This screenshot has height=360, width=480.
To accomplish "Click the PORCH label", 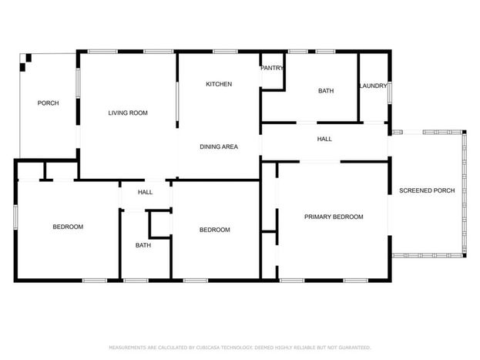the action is click(x=48, y=103).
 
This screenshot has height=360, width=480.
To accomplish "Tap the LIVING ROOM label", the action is click(x=128, y=113).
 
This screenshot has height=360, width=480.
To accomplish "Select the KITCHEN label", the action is click(x=219, y=84).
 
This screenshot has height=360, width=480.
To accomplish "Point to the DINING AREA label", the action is click(x=219, y=146).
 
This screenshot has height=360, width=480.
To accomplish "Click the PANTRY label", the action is click(x=272, y=68).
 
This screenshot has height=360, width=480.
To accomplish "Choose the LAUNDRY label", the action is click(x=373, y=86).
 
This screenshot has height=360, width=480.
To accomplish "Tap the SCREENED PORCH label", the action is click(x=427, y=190).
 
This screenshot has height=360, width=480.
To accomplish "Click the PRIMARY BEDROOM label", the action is click(x=334, y=217).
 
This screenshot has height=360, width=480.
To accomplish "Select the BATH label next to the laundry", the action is click(x=326, y=91).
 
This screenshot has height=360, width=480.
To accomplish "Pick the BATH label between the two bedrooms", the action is click(x=143, y=245).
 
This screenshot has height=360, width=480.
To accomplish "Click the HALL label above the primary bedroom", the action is click(x=324, y=139).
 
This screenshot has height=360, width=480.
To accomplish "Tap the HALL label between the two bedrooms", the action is click(x=145, y=192).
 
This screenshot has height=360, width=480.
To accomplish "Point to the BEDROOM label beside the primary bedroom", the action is click(x=215, y=230).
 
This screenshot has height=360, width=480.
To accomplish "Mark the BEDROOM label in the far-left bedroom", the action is click(x=68, y=227).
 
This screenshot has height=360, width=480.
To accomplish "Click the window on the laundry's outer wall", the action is click(x=390, y=93).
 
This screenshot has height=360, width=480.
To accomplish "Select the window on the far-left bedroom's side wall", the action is click(x=15, y=217).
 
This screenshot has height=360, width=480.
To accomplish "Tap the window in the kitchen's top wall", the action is click(x=225, y=52).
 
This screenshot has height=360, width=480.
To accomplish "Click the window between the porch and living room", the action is click(x=78, y=83).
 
